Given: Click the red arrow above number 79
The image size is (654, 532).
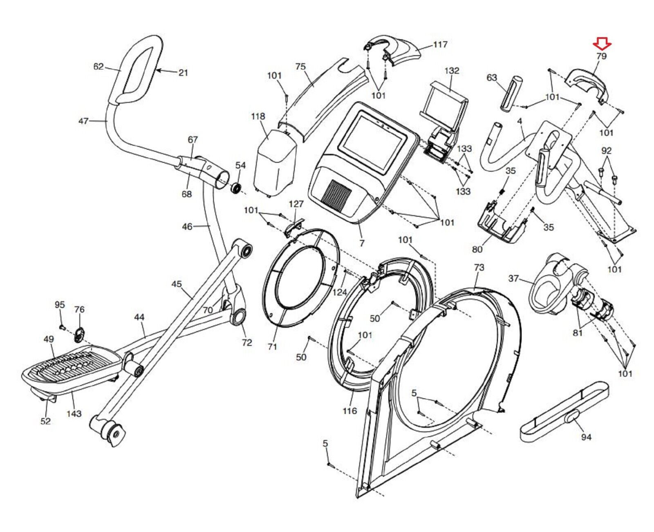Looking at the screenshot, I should pos(602,43).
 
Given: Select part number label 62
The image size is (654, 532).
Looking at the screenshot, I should pos(99,66).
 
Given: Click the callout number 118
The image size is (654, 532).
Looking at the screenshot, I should pos(258,117).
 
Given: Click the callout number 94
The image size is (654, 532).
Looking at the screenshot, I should pos(586,437).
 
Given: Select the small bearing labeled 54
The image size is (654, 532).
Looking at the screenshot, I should pos(237,189).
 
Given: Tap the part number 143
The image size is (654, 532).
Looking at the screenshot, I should pos(74,413).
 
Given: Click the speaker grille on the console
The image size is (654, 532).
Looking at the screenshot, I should pos(336,191).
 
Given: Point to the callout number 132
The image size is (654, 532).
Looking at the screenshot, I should pos(452,70).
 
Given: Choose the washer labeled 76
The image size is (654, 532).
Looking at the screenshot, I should pos(79,335).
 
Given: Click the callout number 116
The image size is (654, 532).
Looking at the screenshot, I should pos(349,411).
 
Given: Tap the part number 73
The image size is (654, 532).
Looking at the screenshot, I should pos(479,267).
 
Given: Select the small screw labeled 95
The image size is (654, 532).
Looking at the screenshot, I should pos(62,327).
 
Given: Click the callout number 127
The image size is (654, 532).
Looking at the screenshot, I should pos(296,204).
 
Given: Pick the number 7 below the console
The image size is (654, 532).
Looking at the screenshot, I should pos(362,243).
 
